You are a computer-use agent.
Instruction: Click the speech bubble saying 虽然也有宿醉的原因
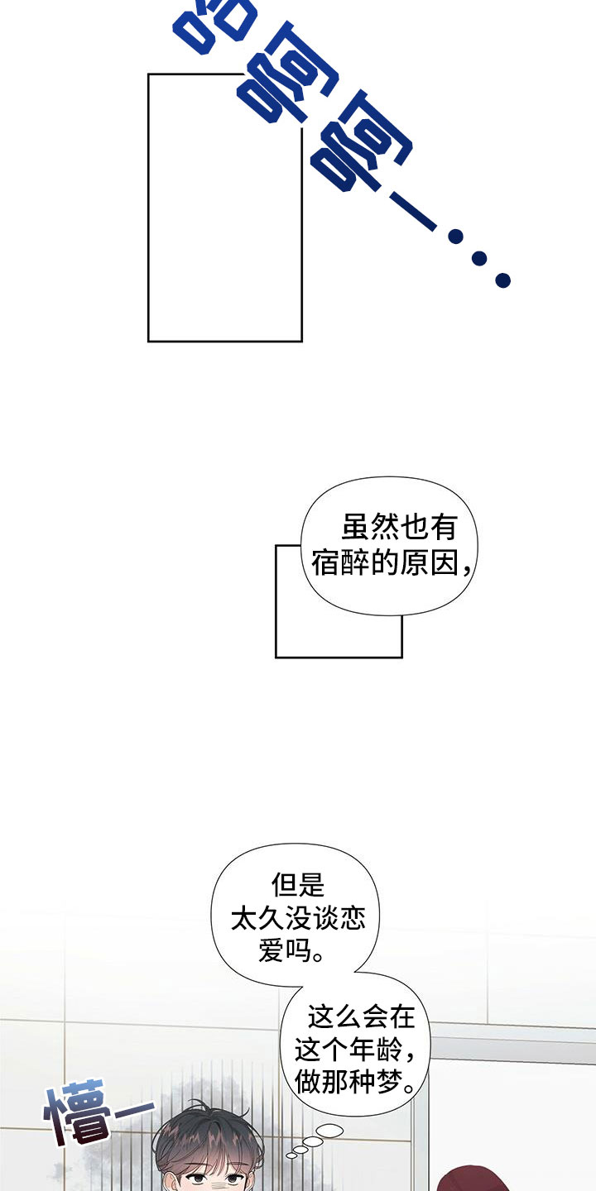(x=385, y=546)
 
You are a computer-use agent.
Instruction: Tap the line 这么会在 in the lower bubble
(x=361, y=1016)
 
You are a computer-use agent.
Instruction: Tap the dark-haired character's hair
(x=207, y=1137)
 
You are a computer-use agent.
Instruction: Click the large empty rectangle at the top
(x=224, y=207)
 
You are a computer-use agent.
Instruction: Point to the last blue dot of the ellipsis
(x=502, y=280)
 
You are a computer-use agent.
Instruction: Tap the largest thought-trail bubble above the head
(x=330, y=1130)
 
